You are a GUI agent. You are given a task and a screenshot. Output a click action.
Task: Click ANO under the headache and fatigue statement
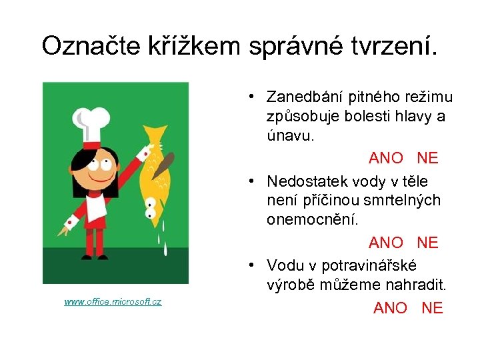coord(386,158)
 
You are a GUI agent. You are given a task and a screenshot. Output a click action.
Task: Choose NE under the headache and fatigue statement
coord(427,158)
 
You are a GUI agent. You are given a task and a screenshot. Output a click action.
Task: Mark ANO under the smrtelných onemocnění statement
coord(386,243)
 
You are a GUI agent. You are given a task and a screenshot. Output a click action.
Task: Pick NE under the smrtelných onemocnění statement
coord(427,243)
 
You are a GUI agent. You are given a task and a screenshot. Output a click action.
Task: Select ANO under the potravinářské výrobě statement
coord(390,307)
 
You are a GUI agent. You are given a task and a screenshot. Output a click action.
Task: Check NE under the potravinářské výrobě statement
coord(432,307)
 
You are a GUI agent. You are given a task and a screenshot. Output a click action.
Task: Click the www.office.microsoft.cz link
coord(113,302)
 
